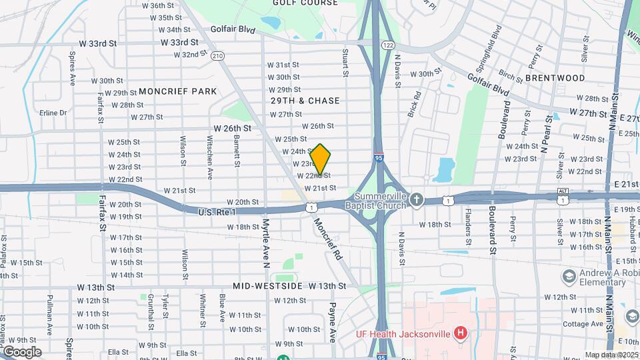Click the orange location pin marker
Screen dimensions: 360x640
point(320,159)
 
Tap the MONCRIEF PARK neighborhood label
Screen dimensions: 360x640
point(178,91)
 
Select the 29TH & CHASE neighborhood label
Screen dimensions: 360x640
point(305,101)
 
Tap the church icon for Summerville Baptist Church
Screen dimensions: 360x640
point(417,199)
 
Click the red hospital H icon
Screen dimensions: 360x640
point(459,332)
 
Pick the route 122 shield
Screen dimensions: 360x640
point(387,45)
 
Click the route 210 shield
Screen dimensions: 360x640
point(217,56)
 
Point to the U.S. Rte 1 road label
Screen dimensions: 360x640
point(217,212)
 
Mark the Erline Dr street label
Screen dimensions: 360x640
point(53,113)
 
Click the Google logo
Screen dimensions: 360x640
point(21,351)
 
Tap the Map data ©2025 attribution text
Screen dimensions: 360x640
point(612,355)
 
